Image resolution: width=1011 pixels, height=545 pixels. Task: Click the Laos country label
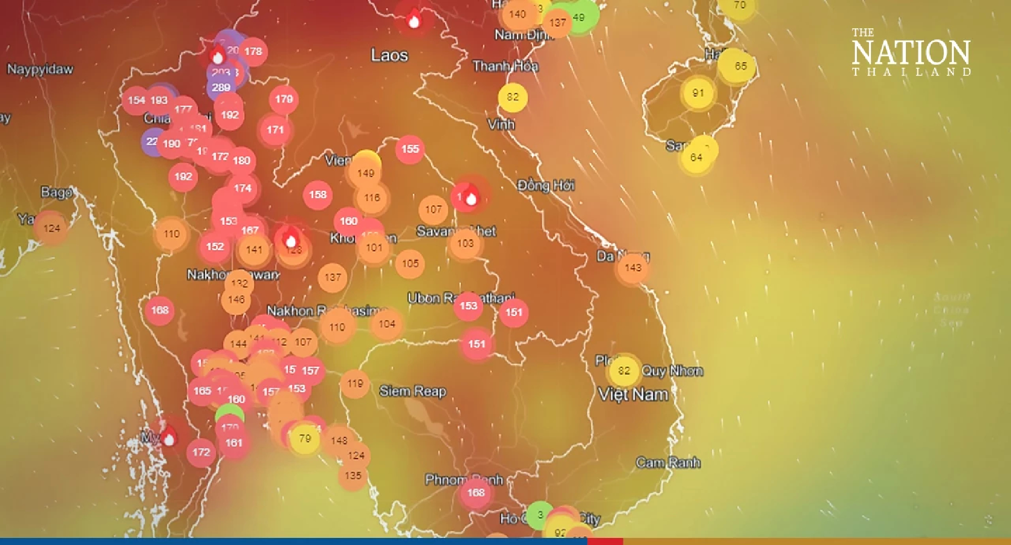pos(389,55)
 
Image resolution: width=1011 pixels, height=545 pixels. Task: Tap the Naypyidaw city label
pos(40,69)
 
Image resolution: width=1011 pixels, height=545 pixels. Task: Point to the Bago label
pos(57,192)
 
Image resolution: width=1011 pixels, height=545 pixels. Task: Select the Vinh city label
pos(501,124)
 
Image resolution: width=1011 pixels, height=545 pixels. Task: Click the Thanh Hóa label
pos(505,66)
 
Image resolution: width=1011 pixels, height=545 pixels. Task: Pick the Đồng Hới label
pos(546,186)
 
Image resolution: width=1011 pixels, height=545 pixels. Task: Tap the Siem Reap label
pos(413,391)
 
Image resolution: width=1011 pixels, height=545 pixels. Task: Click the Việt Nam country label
pos(633,394)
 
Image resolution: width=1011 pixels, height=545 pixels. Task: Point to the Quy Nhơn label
pos(672,371)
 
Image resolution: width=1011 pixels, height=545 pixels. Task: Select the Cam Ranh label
pos(668,463)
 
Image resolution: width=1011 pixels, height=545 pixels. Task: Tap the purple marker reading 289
pos(221,87)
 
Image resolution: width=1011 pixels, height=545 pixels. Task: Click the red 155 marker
pos(410,149)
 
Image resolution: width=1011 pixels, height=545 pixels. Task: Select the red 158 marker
pos(317,195)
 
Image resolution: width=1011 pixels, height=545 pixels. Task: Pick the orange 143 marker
pos(633,268)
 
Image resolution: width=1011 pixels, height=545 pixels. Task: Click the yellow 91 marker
pos(698,93)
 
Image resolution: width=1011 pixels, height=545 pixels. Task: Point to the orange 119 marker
pos(355,383)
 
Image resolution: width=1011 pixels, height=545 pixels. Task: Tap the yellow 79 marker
pos(305,438)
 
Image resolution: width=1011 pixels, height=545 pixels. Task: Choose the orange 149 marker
pos(365,173)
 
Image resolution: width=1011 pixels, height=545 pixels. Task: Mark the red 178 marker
pos(253,52)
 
